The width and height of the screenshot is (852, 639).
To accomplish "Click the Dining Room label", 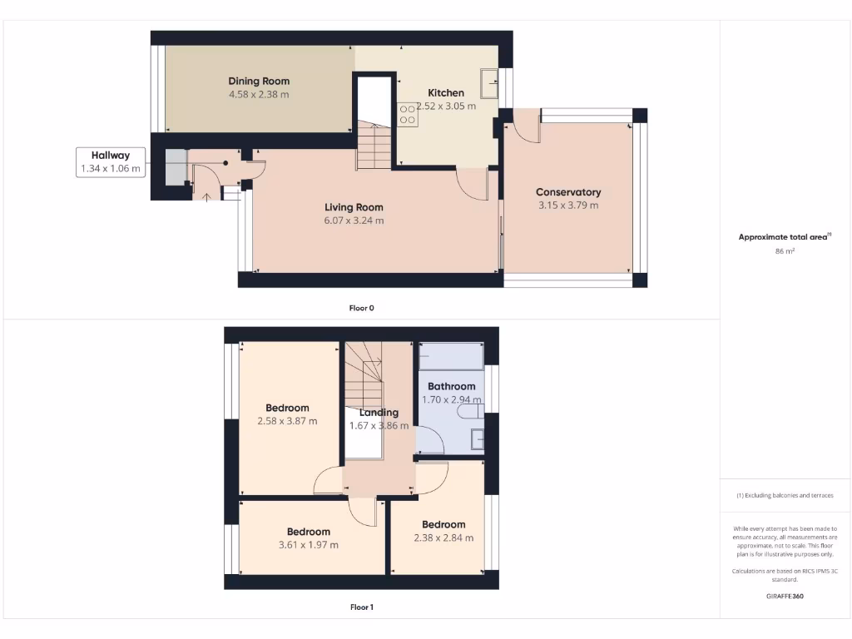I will pos(259,81).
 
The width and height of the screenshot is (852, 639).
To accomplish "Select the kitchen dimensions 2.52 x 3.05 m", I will pos(447,106).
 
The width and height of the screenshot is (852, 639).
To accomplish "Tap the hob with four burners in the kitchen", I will pos(408,114).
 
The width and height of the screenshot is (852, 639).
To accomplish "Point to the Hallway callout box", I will pos(111,162).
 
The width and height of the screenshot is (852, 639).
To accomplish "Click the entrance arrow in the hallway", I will pos(207,196).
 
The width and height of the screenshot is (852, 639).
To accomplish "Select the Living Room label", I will pos(354,207).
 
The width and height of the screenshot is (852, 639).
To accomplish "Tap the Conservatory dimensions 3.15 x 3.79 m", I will pos(568,206).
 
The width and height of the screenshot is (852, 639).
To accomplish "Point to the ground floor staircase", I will pos(374,145).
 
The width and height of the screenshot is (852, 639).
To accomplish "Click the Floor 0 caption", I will pos(361,308).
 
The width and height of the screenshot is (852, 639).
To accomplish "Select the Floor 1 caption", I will pos(361,607).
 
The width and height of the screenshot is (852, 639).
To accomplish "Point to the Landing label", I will pos(379,412).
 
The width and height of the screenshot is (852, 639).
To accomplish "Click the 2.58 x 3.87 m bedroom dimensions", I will pos(287,421).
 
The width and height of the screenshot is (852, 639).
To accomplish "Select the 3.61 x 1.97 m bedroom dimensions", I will pos(308,545).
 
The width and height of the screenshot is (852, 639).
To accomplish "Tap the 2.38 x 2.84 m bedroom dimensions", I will pos(443,537).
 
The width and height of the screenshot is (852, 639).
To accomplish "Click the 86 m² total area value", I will pos(785,250).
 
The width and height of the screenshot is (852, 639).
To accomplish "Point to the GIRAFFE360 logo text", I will pos(785,597).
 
